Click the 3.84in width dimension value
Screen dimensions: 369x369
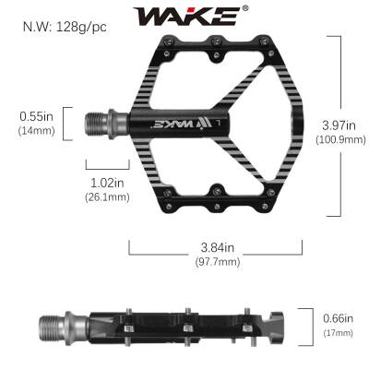[x=217, y=247]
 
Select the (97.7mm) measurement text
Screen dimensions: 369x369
[x=217, y=262]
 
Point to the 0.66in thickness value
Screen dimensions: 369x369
[x=339, y=318]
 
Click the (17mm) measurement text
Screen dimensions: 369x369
[x=339, y=332]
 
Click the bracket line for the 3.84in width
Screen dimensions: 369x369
[x=217, y=252]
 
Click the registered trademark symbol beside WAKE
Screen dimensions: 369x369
[x=244, y=8]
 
